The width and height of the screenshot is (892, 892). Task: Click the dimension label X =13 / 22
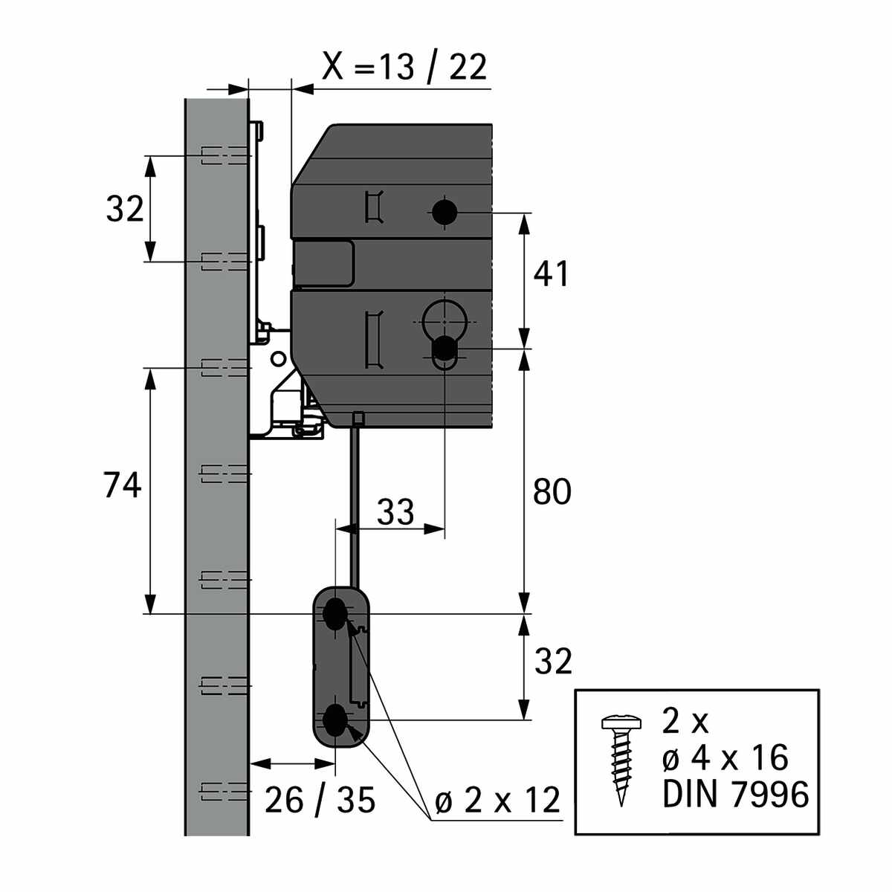pyautogui.click(x=405, y=67)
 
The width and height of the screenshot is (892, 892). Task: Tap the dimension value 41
pyautogui.click(x=551, y=274)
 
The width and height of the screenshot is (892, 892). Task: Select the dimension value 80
pyautogui.click(x=552, y=492)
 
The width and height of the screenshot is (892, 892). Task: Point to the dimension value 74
pyautogui.click(x=122, y=486)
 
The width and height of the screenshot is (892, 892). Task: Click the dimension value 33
pyautogui.click(x=395, y=512)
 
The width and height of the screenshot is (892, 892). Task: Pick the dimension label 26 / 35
pyautogui.click(x=320, y=800)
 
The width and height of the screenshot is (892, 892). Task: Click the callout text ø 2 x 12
pyautogui.click(x=497, y=801)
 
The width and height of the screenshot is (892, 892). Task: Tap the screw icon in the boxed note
pyautogui.click(x=618, y=759)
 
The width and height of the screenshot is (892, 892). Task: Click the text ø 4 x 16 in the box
pyautogui.click(x=724, y=758)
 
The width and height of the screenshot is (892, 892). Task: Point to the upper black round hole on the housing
pyautogui.click(x=445, y=212)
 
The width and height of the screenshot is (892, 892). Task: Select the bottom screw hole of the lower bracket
pyautogui.click(x=336, y=720)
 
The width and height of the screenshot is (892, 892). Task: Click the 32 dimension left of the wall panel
pyautogui.click(x=124, y=210)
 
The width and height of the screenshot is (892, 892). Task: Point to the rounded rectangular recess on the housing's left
pyautogui.click(x=325, y=262)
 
